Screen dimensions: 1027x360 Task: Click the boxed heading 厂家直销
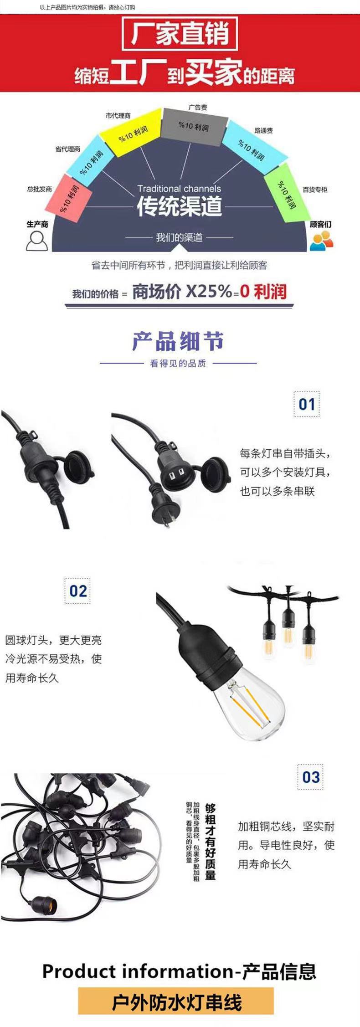pyautogui.click(x=180, y=34)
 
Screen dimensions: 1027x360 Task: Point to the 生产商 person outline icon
pyautogui.click(x=36, y=240)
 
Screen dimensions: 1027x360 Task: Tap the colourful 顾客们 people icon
pyautogui.click(x=321, y=241)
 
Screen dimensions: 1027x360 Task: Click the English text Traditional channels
pyautogui.click(x=179, y=189)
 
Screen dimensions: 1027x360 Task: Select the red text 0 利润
pyautogui.click(x=263, y=291)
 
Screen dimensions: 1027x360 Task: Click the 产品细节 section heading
pyautogui.click(x=178, y=341)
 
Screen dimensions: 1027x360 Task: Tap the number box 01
pyautogui.click(x=307, y=404)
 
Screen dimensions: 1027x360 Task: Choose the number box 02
pyautogui.click(x=78, y=591)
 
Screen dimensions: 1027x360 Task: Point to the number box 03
pyautogui.click(x=311, y=777)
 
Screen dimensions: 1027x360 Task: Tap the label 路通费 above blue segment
pyautogui.click(x=263, y=131)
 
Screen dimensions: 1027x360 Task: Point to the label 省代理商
pyautogui.click(x=68, y=149)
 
